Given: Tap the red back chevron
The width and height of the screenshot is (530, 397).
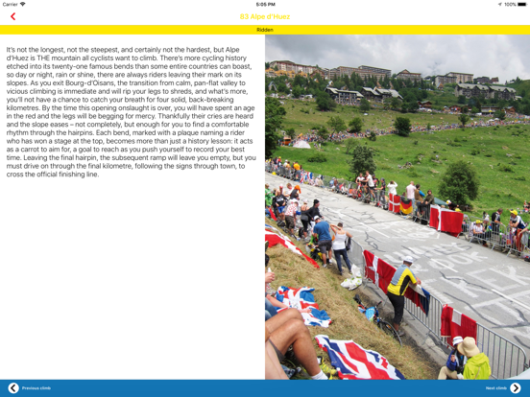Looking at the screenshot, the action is [x=12, y=16].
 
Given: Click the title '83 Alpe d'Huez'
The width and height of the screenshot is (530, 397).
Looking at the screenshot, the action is [x=265, y=16].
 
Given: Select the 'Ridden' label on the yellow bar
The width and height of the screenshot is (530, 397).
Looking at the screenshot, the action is [x=265, y=30].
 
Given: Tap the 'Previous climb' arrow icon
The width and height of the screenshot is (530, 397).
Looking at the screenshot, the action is [x=13, y=387].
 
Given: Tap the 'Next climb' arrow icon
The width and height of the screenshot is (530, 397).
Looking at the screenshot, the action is [x=516, y=387].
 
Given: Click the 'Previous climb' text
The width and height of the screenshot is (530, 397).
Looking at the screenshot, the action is [x=36, y=387].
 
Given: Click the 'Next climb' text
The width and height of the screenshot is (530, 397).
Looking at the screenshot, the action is [x=495, y=387].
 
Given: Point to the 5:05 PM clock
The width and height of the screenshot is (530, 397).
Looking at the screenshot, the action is [x=265, y=4].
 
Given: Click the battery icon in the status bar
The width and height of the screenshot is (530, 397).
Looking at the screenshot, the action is [x=521, y=4].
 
